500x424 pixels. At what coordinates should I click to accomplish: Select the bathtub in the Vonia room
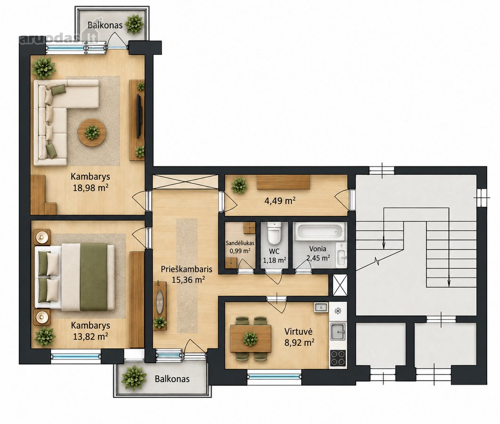click(x=320, y=232)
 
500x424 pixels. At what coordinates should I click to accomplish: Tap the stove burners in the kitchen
click(x=338, y=358)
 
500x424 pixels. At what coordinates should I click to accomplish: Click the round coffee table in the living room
click(x=92, y=133)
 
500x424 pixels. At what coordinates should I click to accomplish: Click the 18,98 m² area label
click(x=90, y=187)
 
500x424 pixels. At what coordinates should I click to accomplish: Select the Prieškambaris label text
click(x=187, y=269)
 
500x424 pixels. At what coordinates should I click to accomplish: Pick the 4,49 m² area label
click(x=279, y=201)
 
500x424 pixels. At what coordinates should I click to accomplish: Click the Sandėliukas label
click(x=240, y=243)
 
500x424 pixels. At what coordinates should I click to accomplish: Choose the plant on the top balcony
click(x=134, y=24)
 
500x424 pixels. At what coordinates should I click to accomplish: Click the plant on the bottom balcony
click(x=134, y=378)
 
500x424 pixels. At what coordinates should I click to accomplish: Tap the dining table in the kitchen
click(x=251, y=338)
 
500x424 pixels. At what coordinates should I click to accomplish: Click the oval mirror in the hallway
click(x=160, y=299)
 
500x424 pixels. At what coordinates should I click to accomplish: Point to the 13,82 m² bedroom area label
click(x=90, y=336)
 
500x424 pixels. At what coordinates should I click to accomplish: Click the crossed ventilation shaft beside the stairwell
click(x=340, y=285)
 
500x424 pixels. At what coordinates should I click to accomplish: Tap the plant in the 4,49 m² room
click(x=239, y=185)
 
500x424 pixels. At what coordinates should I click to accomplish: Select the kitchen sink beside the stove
click(x=338, y=332)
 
